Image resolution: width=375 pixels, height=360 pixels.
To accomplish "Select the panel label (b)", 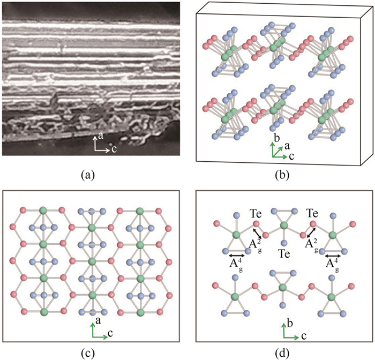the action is (x=282, y=175).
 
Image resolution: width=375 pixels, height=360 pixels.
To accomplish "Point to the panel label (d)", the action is (x=282, y=352).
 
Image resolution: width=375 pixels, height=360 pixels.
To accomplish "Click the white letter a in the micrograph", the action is (x=101, y=136).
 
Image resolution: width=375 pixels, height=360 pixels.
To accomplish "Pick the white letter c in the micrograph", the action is (x=114, y=149).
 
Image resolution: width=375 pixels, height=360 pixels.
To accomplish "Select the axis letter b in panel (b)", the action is (x=277, y=138).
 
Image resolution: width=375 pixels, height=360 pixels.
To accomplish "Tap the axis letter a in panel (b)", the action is (x=287, y=146).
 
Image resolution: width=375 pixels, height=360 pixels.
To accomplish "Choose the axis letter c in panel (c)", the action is (x=110, y=333).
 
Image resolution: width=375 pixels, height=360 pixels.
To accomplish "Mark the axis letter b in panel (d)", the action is (x=290, y=324).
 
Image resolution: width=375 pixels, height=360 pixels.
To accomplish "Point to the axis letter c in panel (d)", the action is (x=304, y=336).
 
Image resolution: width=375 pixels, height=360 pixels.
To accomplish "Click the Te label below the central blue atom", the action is (x=284, y=253).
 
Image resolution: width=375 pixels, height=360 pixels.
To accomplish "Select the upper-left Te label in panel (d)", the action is (x=256, y=213).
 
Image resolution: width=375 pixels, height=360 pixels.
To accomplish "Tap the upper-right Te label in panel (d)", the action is (x=312, y=213).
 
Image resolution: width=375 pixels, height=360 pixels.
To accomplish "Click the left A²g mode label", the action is (x=254, y=245).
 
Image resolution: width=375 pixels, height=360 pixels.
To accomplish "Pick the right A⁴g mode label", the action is (x=333, y=265).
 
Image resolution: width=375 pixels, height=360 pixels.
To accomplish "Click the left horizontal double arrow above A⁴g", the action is (x=237, y=256).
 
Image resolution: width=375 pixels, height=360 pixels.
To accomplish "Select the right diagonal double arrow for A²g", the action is (x=311, y=232).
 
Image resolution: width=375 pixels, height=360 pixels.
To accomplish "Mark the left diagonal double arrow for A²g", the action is (x=258, y=232).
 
